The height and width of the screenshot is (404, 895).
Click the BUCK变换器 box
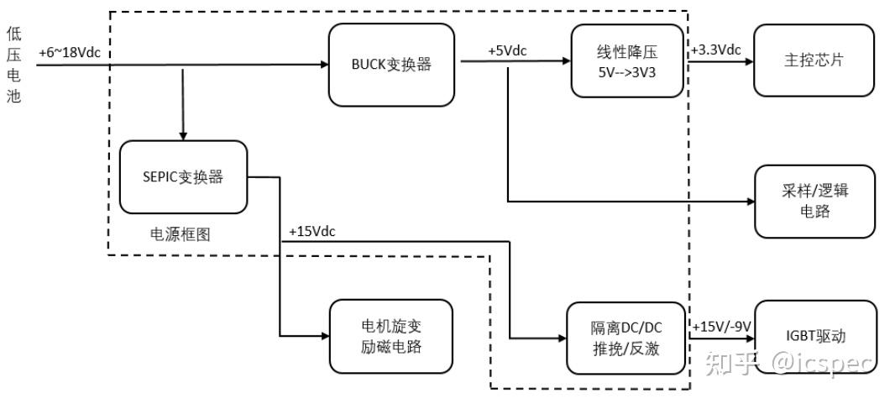[392, 64]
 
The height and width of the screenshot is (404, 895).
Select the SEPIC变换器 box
[183, 176]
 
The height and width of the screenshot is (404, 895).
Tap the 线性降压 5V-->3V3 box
[627, 60]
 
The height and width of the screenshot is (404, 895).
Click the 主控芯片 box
[814, 60]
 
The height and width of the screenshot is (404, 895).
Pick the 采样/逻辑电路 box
[814, 201]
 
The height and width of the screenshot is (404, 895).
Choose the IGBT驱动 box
[814, 336]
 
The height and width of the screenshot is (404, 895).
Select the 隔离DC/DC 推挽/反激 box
[626, 337]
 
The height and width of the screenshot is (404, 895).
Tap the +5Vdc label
[507, 51]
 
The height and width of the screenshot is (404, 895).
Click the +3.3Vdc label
[716, 50]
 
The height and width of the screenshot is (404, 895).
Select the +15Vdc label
[311, 231]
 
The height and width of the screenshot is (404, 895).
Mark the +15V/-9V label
[720, 326]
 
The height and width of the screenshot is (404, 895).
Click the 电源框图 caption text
[180, 235]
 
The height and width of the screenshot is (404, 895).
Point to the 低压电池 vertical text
[13, 65]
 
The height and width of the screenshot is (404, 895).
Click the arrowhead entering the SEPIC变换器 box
[183, 135]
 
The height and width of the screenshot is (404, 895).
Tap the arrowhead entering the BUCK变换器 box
[323, 64]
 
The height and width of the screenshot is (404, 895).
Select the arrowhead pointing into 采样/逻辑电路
[749, 202]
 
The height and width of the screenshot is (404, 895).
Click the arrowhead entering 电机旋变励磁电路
[325, 336]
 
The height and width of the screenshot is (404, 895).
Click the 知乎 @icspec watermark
[789, 363]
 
